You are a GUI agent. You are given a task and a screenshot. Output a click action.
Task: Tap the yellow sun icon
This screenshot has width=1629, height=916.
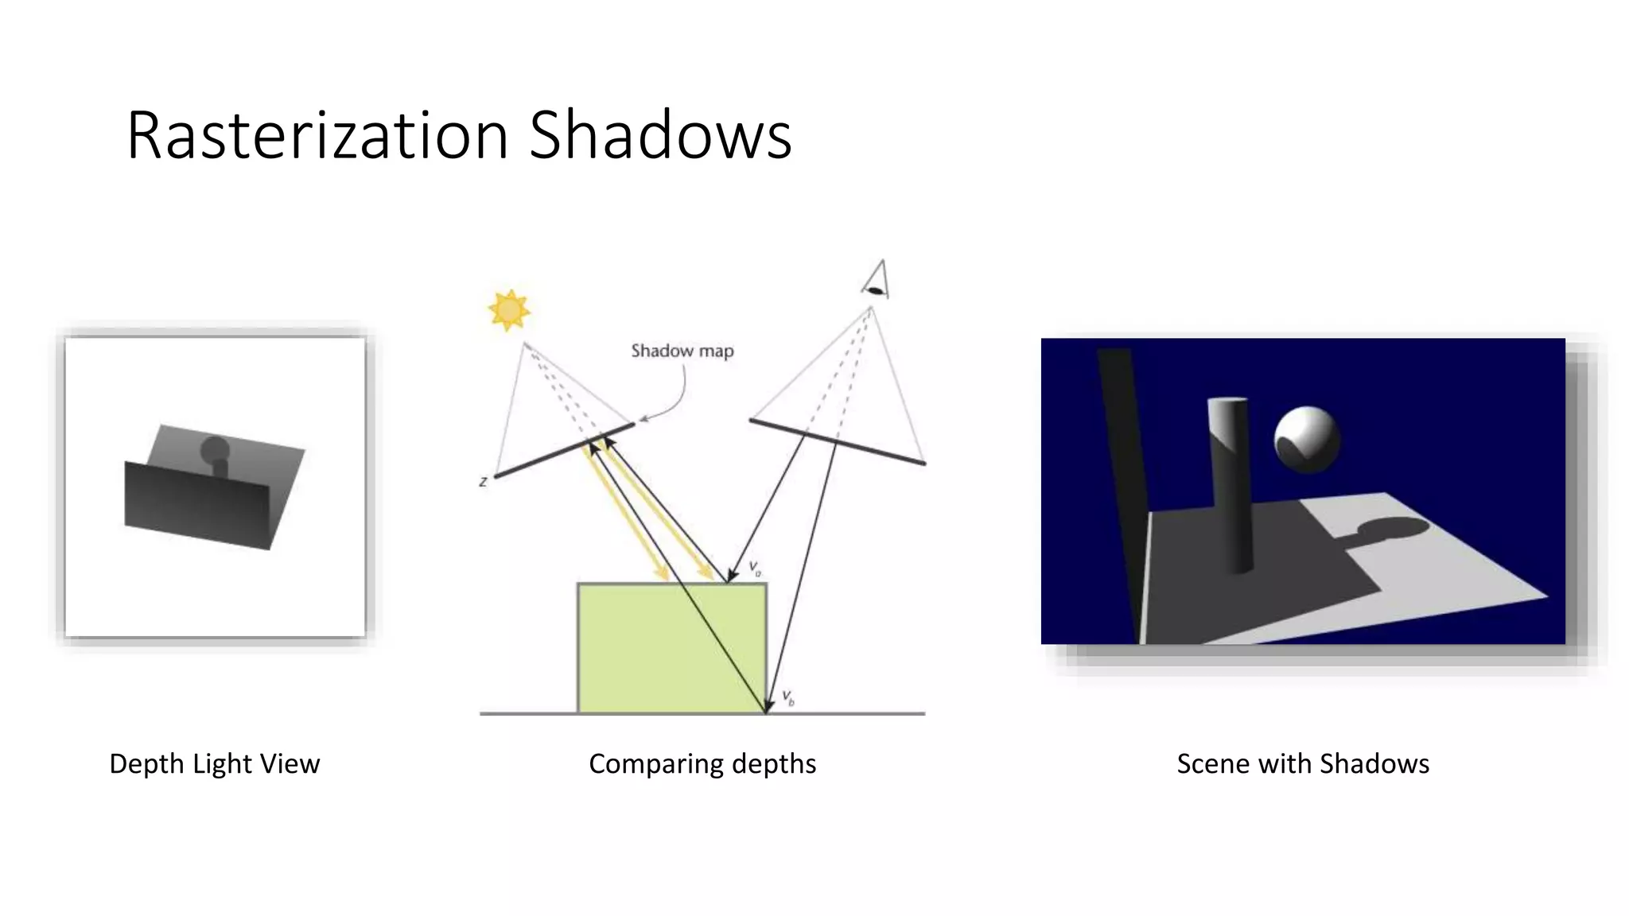point(509,310)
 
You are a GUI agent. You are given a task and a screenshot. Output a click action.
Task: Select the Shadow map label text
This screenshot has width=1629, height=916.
point(682,351)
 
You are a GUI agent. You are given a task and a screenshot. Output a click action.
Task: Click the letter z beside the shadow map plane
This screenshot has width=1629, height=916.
point(483,482)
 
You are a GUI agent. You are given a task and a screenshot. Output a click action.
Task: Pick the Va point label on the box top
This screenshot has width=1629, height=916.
point(755,569)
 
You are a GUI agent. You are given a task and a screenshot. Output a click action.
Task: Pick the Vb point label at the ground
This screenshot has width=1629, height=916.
point(788,698)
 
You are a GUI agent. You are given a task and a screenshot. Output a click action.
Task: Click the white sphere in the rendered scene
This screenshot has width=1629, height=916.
point(1307,439)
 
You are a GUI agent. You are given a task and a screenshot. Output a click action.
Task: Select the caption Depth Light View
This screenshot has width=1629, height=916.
point(214,763)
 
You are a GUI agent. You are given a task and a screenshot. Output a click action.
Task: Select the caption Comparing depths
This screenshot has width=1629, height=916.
point(702,763)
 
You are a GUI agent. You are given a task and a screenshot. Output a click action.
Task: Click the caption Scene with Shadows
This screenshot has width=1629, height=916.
point(1303,763)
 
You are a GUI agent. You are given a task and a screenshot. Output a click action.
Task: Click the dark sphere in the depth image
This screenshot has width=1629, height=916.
point(215,450)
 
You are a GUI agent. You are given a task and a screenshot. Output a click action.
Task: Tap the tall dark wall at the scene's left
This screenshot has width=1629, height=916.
point(1123,477)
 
